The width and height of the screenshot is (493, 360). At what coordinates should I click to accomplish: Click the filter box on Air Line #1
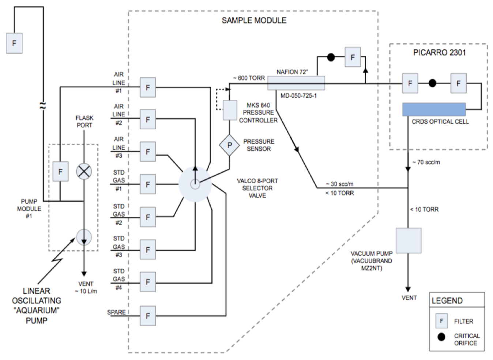coord(148,87)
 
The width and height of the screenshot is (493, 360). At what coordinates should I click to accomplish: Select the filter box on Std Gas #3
coord(148,250)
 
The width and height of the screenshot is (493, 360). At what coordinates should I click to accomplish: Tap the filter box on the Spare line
coord(148,316)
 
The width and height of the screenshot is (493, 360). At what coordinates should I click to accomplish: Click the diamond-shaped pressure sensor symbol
coord(229,145)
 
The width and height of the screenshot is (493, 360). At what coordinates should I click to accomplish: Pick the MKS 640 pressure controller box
coord(230,110)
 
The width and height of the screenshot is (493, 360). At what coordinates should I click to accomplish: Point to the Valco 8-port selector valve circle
coord(195,184)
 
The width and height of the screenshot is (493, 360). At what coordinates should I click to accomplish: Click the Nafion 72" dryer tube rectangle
coord(296,83)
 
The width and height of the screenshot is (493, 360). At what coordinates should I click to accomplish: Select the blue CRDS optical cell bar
coord(434,109)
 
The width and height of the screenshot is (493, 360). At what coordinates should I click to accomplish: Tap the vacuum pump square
coord(409,240)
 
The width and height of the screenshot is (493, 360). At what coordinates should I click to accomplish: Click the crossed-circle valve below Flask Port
coord(84,171)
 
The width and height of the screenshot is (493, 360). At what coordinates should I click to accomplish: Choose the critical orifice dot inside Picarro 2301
coord(432,83)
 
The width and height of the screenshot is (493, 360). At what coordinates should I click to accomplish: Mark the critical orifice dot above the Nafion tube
coord(331,57)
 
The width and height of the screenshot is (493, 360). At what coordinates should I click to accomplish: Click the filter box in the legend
coord(441,321)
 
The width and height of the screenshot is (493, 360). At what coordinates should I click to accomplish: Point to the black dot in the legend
coord(441,337)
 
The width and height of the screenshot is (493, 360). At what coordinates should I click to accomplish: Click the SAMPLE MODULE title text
coord(254,20)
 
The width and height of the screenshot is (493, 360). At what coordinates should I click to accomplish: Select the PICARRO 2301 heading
coord(439,53)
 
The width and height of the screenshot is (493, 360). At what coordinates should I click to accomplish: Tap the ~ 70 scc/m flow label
coord(426,162)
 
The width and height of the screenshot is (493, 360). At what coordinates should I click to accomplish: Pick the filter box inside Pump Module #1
coord(60,171)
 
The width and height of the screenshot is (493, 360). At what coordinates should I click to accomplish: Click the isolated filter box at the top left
coord(14,43)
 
